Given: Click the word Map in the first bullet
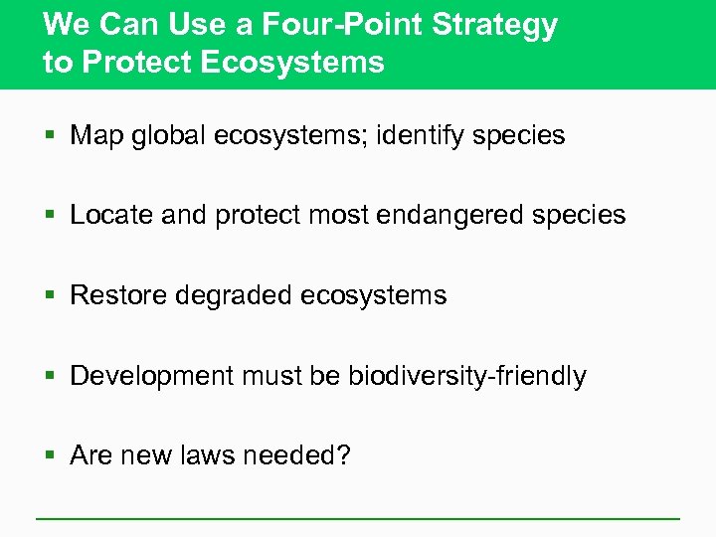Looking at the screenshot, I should [x=95, y=135].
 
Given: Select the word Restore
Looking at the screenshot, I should [x=119, y=295].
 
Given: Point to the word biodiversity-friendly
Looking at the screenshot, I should [x=466, y=376].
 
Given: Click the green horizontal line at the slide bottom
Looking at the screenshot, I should [x=358, y=519].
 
